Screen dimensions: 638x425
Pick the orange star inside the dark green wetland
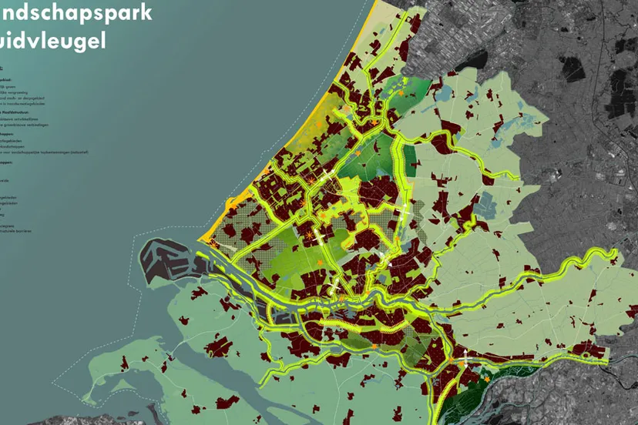point(486,378)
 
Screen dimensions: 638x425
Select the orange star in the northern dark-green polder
point(401,92)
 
